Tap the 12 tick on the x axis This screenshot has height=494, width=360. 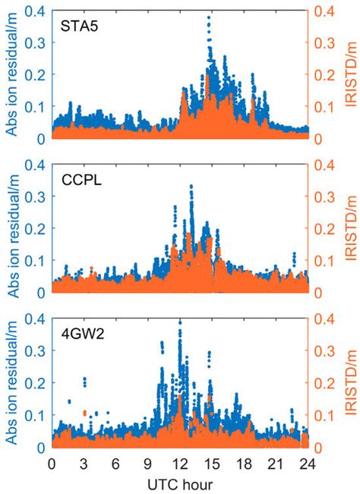pyautogui.click(x=180, y=464)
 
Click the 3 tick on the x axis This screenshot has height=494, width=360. pyautogui.click(x=84, y=464)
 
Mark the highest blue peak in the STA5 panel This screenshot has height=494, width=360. pyautogui.click(x=209, y=16)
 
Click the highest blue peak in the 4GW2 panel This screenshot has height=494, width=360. pyautogui.click(x=180, y=322)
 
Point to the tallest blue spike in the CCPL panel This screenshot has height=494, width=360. pyautogui.click(x=191, y=185)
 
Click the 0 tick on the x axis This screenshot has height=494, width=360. pyautogui.click(x=52, y=464)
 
